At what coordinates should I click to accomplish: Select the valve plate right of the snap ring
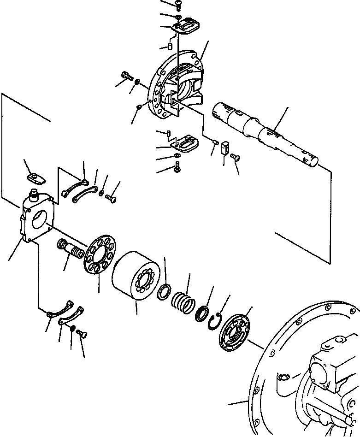236,329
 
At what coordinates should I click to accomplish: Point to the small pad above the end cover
34,178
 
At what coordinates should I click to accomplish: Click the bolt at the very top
178,4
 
